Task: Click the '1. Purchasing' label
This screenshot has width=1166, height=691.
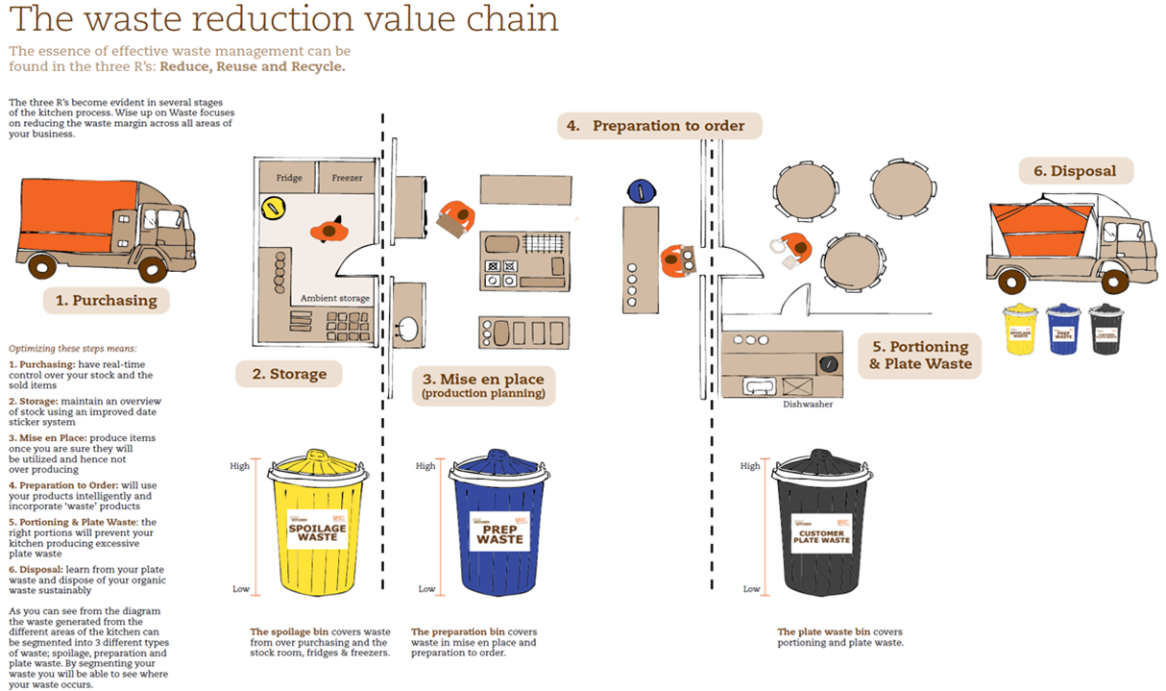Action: point(106,300)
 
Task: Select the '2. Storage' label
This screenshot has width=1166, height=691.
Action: point(289,374)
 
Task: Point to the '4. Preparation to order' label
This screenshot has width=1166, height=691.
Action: point(660,126)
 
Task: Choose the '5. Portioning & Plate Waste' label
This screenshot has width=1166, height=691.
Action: point(920,355)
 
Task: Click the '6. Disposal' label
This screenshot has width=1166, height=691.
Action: point(1076,171)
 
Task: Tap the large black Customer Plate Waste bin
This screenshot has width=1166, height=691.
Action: point(820,524)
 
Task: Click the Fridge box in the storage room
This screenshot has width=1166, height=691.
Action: point(289,177)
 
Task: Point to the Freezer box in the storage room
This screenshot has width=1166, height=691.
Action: point(347,177)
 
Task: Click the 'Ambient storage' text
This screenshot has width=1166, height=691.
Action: point(334,299)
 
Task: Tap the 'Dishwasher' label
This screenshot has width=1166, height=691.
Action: point(806,405)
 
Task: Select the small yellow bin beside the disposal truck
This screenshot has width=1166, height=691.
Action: point(1020,330)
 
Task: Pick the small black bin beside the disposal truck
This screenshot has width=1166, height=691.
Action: point(1105,330)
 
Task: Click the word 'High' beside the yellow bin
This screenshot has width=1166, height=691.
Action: point(239,466)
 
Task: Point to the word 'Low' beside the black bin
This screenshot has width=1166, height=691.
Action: point(751,589)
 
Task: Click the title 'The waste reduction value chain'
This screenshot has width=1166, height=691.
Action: point(284,18)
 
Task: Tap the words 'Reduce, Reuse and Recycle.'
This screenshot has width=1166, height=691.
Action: point(253,67)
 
